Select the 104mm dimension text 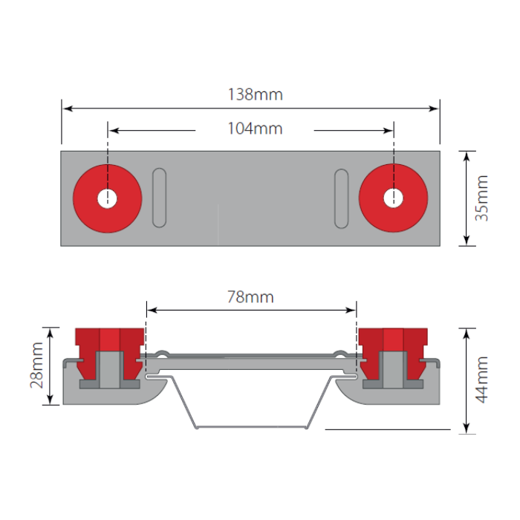[x=255, y=129]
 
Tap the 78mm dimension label [x=250, y=297]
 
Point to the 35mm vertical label [x=483, y=198]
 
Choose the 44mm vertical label [x=483, y=380]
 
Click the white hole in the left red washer [x=108, y=198]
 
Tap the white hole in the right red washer [x=393, y=198]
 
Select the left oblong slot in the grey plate [x=159, y=198]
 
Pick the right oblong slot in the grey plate [x=341, y=198]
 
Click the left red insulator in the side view [x=108, y=345]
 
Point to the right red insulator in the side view [x=393, y=345]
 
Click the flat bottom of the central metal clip [x=250, y=428]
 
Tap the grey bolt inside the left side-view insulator [x=108, y=369]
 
